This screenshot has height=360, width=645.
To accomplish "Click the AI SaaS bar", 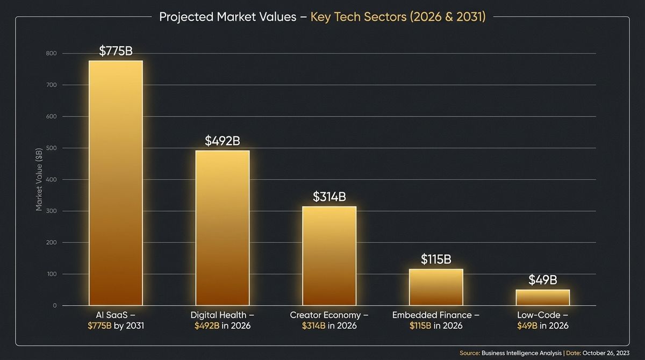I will tap(116, 183).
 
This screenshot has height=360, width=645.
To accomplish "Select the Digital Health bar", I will tap(223, 228).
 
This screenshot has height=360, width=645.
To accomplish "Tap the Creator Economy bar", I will tap(329, 256).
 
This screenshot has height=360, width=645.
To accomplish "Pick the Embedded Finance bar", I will tap(436, 287).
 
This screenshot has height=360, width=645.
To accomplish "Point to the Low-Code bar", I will tap(543, 298).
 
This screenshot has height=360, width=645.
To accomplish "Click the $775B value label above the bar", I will tap(116, 51).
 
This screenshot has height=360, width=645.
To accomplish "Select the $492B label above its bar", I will tap(223, 141).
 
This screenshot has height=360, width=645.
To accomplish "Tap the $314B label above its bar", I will tap(329, 197).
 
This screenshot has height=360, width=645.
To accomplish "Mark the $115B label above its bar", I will tap(436, 260).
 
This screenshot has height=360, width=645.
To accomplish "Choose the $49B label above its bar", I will tap(543, 280).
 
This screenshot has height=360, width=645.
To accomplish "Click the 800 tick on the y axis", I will tap(51, 54).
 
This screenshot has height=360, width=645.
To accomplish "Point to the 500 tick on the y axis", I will tap(51, 148).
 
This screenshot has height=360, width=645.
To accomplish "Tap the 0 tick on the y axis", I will tap(54, 305).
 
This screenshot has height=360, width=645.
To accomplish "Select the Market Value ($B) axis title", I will tap(39, 179).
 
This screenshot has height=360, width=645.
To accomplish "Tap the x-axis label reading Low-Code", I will tap(539, 315).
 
